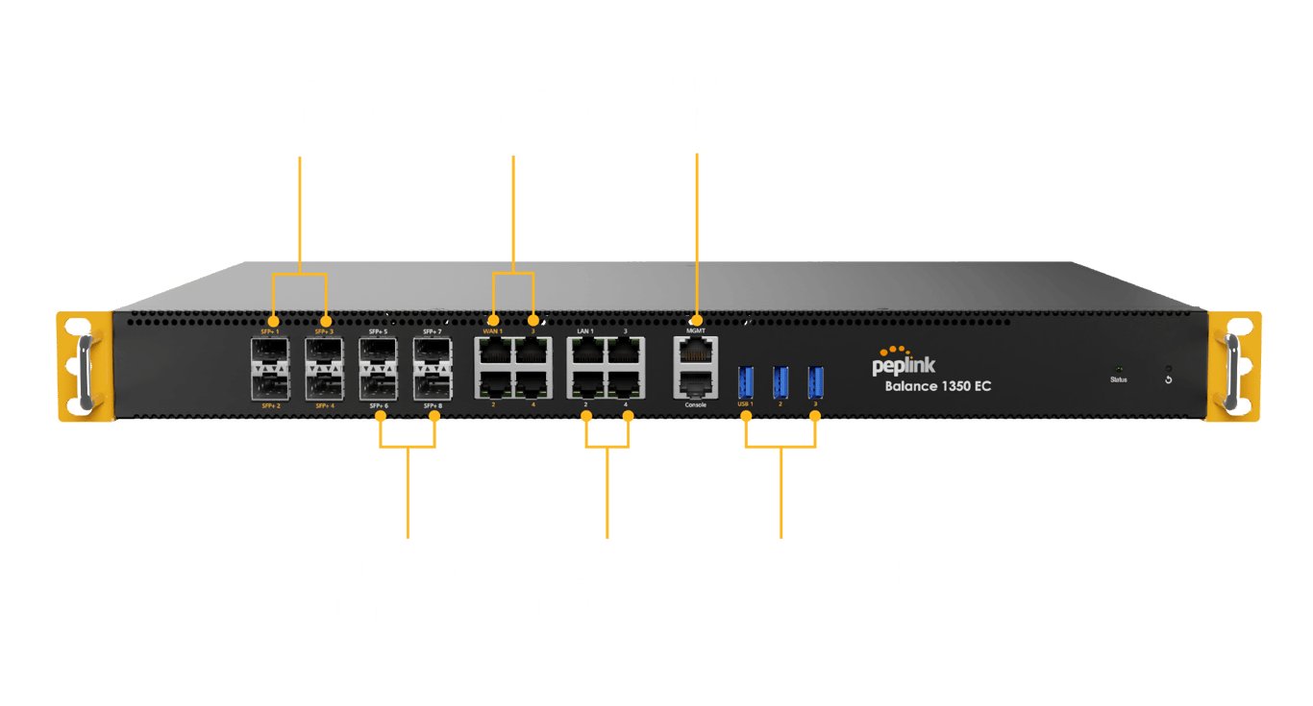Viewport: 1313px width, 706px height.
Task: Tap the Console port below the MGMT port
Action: [695, 386]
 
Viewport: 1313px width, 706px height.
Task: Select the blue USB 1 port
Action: [745, 381]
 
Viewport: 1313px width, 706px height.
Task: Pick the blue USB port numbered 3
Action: [815, 381]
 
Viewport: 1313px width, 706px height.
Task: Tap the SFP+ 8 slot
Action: [432, 386]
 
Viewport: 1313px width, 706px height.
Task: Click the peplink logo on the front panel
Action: [904, 362]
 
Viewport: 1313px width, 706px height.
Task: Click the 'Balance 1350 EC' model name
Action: [937, 387]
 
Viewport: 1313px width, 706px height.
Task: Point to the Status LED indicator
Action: [1118, 369]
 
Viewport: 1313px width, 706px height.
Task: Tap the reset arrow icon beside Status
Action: [1168, 378]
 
